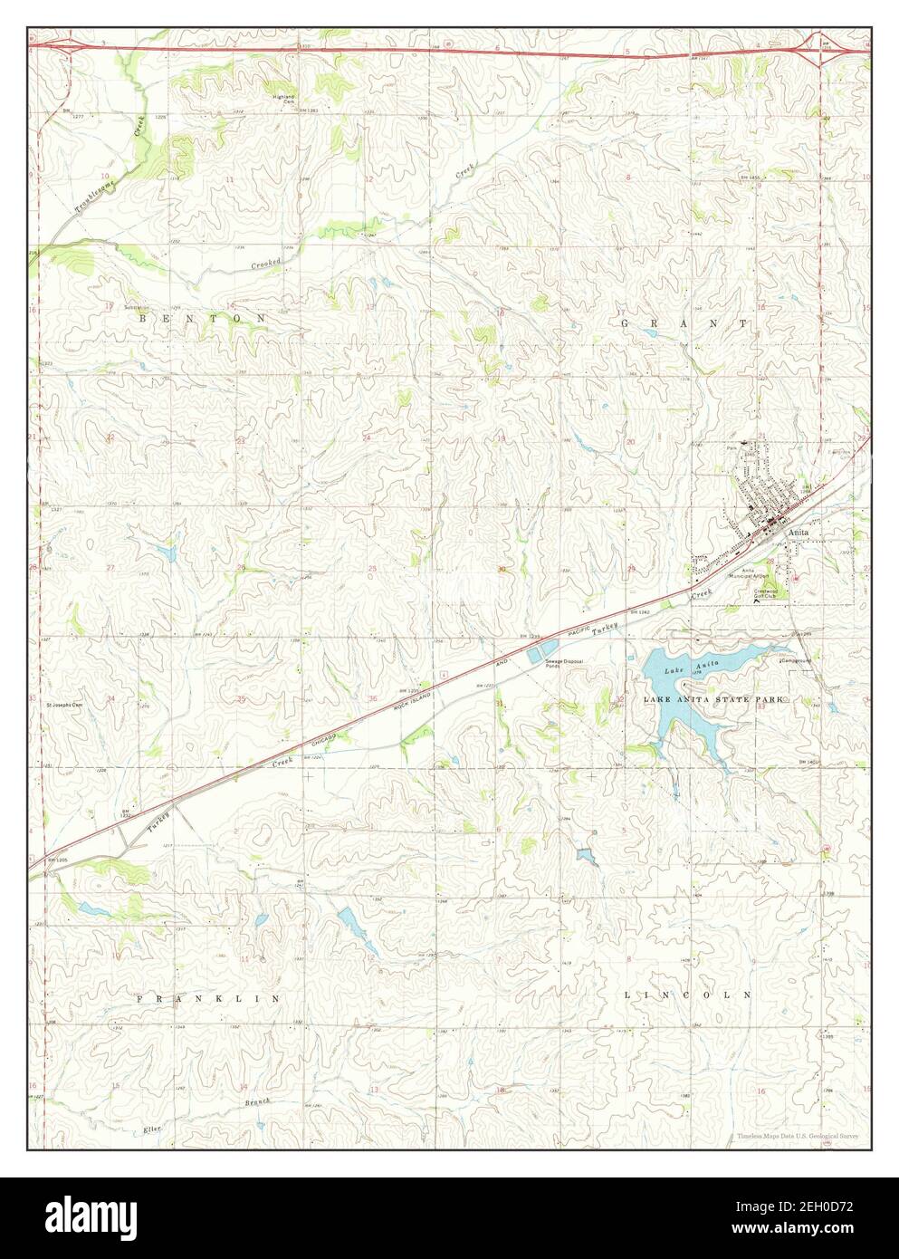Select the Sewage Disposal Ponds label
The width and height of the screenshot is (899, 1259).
coord(563,664)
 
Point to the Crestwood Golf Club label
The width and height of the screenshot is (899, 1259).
coord(771,595)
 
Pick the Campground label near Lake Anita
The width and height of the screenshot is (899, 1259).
coord(797,660)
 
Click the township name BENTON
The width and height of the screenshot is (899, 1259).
coord(202,320)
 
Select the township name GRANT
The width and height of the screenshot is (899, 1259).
coord(684,322)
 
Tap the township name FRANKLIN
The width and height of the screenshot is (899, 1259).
coord(205,998)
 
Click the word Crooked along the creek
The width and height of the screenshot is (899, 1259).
coord(267,263)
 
